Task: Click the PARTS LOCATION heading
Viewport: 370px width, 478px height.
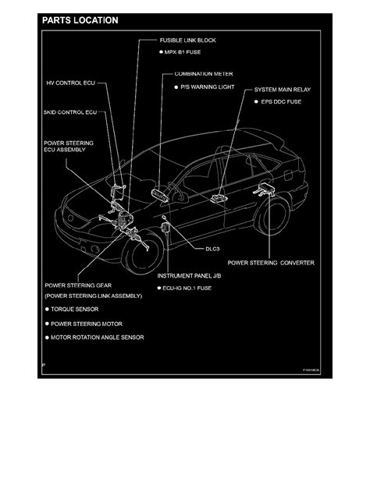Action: pyautogui.click(x=80, y=19)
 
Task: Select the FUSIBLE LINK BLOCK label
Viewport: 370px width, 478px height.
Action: pyautogui.click(x=187, y=39)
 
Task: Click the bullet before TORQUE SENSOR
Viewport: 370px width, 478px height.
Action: pyautogui.click(x=48, y=310)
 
